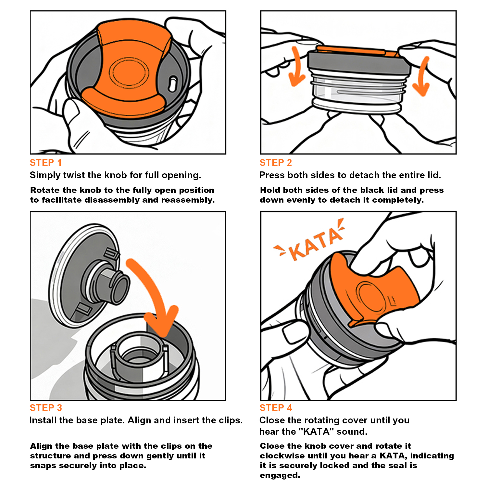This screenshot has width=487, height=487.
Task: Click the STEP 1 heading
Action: (45, 163)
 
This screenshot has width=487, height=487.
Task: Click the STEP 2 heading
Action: (276, 163)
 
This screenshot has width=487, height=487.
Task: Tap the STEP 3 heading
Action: (46, 408)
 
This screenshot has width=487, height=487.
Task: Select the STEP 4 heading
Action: (276, 408)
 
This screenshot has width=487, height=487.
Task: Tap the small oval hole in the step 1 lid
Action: (173, 84)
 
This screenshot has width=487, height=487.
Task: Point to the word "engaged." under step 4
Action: (280, 476)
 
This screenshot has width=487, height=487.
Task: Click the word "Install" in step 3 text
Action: (41, 420)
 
